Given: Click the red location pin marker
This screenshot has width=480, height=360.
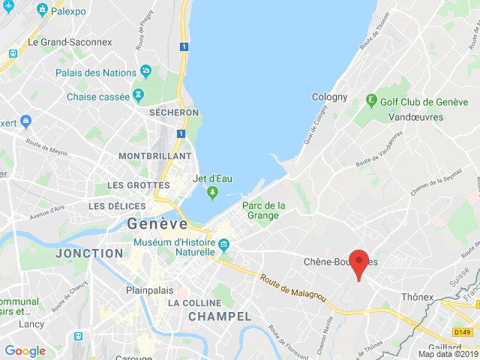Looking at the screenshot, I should click(359, 264).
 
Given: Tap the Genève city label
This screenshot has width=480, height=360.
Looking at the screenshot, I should click(157, 223).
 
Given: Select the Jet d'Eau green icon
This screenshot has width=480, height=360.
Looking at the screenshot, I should click(212, 193).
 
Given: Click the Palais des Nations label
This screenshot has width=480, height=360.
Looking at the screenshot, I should click(95, 72).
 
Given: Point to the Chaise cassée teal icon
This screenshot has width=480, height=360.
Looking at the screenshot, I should click(138, 96).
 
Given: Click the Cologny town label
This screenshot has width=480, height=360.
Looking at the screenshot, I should click(330, 97).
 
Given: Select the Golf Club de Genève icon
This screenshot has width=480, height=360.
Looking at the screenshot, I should click(370, 100).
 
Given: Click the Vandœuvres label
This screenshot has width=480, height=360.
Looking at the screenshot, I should click(416, 117).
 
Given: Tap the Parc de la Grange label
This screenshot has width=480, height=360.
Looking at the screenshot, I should click(264, 210).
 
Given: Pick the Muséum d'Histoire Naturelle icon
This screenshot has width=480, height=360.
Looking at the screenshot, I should click(224, 244).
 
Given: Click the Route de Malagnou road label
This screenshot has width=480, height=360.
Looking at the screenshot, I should click(293, 287).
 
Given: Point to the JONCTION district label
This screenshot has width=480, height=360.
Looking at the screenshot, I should click(89, 253).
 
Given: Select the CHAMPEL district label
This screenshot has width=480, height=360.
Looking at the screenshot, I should click(218, 316).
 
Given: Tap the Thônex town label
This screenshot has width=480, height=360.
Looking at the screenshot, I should click(418, 297).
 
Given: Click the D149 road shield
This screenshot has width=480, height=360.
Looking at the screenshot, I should click(463, 331).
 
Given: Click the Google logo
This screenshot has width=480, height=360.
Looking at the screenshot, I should click(25, 350).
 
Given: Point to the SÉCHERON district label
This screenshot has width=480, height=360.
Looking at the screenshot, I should click(173, 112).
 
